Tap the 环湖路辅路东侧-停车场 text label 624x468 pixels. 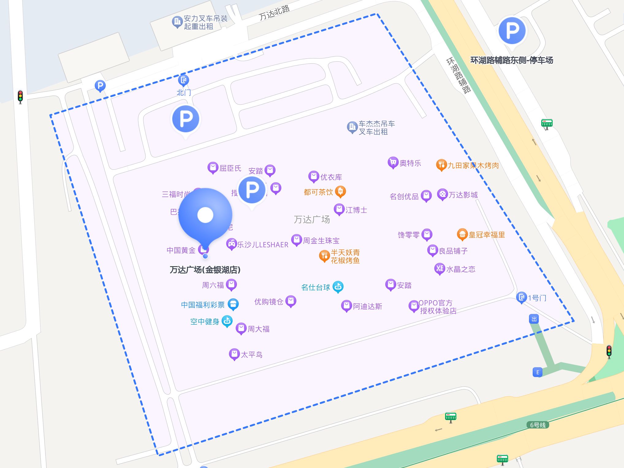coord(512,60)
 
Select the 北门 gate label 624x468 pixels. coord(184,92)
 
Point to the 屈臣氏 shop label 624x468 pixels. coord(230,168)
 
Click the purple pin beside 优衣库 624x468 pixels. coord(314,176)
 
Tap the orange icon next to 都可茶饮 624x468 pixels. coord(341,191)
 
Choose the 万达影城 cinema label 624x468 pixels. coord(463,195)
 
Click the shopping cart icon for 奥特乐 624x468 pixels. coord(393,162)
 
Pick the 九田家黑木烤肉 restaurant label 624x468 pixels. coord(473,166)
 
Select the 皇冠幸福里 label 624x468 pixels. coord(487,235)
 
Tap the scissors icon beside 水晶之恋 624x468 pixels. coord(439,269)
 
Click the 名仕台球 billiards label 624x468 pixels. coord(316,287)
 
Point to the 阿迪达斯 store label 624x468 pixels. coord(367,306)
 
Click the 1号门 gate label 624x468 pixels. coord(537,298)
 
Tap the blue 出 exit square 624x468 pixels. coord(534,319)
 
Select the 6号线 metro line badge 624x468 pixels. coord(538,425)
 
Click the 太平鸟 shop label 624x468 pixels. coord(252,355)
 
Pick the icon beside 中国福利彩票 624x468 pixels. coord(233,304)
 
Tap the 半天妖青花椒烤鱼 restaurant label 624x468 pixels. coord(345,256)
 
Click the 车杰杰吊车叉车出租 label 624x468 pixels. coord(377,128)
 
